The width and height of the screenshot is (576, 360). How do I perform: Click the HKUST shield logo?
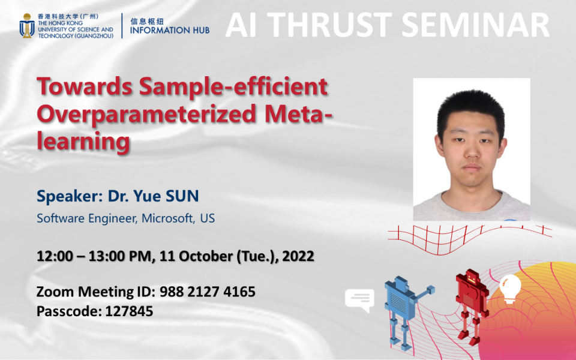pos(26,26)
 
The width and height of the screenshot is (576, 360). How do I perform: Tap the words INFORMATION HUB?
pos(170,30)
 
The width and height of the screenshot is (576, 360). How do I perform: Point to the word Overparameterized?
pos(155,114)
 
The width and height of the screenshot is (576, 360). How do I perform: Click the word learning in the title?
pos(83,142)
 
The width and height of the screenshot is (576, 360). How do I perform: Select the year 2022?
pos(298,256)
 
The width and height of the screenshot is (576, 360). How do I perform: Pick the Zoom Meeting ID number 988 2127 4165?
pos(208,292)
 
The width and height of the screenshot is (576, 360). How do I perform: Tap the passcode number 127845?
pos(129,311)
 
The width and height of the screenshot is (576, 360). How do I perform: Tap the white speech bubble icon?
pos(359,300)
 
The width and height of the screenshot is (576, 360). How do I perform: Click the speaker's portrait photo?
pos(472,149)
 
